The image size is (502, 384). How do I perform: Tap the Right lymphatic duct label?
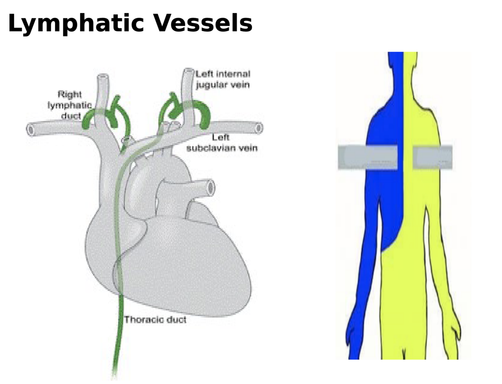pyautogui.click(x=70, y=105)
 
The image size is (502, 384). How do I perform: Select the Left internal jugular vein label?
pyautogui.click(x=222, y=79)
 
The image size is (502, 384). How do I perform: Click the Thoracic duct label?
pyautogui.click(x=155, y=320)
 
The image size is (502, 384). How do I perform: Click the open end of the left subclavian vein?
pyautogui.click(x=259, y=128)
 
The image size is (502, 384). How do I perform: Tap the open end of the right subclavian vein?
pyautogui.click(x=30, y=130)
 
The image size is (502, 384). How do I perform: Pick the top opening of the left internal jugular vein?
pyautogui.click(x=188, y=71)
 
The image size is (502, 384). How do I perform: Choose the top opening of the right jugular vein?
pyautogui.click(x=103, y=77)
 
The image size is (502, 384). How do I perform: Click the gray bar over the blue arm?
pyautogui.click(x=367, y=157)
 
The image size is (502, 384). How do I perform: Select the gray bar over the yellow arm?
pyautogui.click(x=433, y=157)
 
